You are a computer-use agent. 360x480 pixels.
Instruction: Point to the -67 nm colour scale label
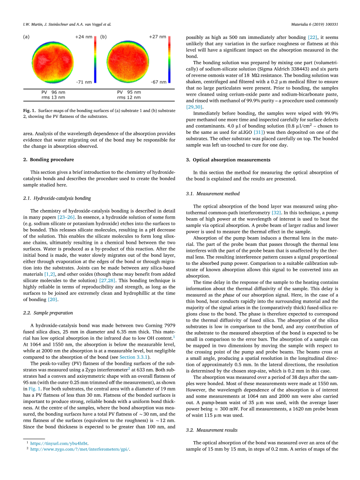158,82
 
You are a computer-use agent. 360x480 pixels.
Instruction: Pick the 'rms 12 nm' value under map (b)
129,97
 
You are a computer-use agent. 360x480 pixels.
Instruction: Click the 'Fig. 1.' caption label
29,111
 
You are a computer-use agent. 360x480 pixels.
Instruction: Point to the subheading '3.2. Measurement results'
212,430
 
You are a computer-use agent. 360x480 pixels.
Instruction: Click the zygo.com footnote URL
80,449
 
